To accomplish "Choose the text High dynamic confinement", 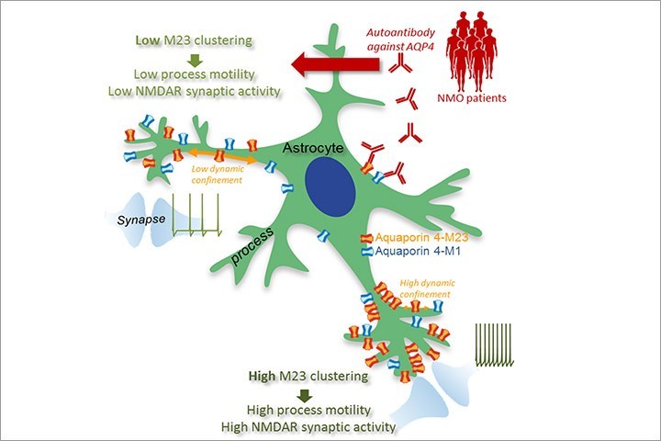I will pos(416,290).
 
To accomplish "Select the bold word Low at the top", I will pos(148,41).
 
